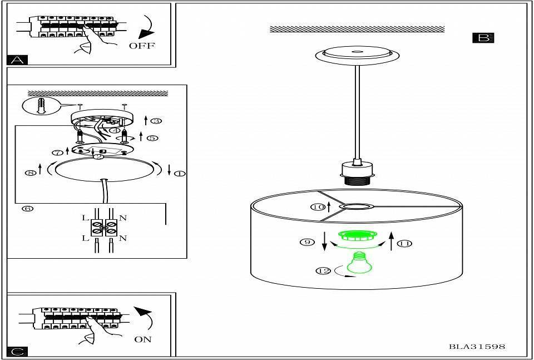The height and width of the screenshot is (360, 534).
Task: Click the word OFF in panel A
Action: pyautogui.click(x=142, y=46)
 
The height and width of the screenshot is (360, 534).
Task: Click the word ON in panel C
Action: pyautogui.click(x=143, y=339)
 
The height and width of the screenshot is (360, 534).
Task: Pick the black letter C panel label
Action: pyautogui.click(x=17, y=352)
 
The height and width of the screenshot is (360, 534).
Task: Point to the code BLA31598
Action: pyautogui.click(x=477, y=347)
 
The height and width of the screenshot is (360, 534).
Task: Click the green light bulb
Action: pyautogui.click(x=359, y=263)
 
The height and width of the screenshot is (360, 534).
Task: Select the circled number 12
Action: pyautogui.click(x=323, y=271)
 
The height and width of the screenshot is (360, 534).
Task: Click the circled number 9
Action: pyautogui.click(x=305, y=242)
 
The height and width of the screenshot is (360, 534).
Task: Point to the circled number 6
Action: pyautogui.click(x=28, y=209)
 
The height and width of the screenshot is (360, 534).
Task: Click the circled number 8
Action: pyautogui.click(x=30, y=172)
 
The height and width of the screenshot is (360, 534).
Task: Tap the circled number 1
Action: pyautogui.click(x=180, y=174)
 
